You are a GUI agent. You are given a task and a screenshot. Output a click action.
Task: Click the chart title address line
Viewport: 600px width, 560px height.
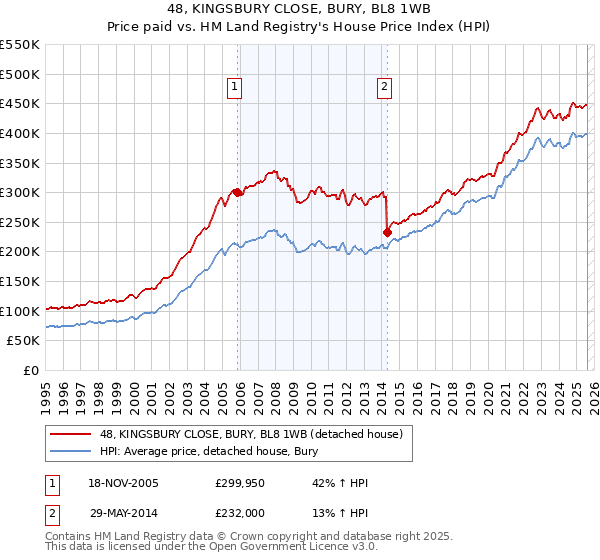pos(300,9)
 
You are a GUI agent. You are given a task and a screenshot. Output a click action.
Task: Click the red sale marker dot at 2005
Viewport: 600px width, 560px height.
pos(237,192)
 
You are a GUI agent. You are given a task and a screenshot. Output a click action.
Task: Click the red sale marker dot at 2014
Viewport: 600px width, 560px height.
pos(387,232)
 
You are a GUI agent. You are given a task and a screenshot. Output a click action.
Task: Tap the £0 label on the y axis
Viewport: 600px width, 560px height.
pos(32,370)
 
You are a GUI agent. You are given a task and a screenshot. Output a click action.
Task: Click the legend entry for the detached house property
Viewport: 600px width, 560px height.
pos(250,434)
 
